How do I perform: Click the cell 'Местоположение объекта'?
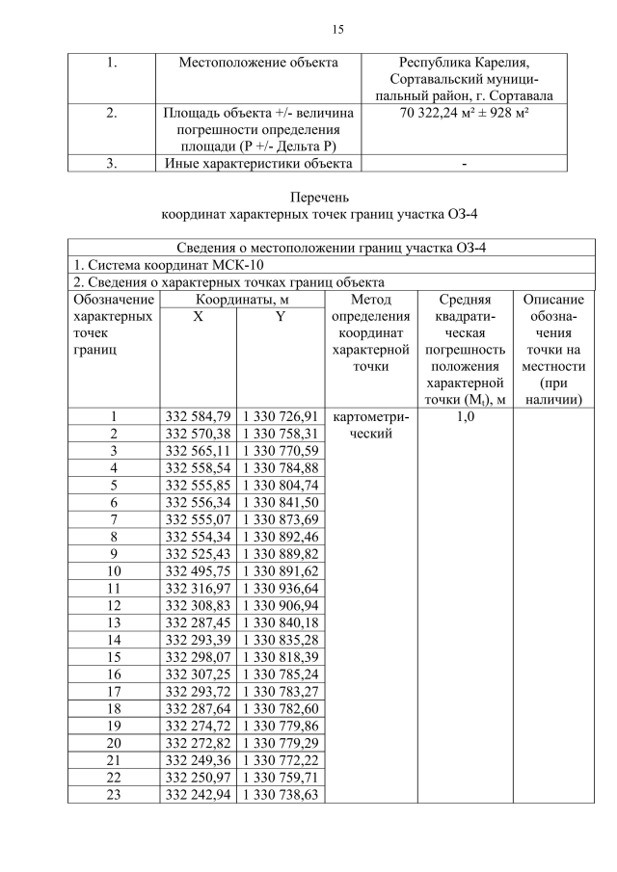[x=258, y=63]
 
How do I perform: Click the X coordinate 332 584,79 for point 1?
[x=198, y=417]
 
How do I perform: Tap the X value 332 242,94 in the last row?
[x=198, y=795]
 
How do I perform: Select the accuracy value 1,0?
[x=465, y=417]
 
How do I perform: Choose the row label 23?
[x=113, y=795]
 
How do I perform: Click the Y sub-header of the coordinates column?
[x=278, y=317]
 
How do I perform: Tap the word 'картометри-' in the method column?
[x=370, y=417]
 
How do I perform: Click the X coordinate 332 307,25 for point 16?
[x=198, y=674]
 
